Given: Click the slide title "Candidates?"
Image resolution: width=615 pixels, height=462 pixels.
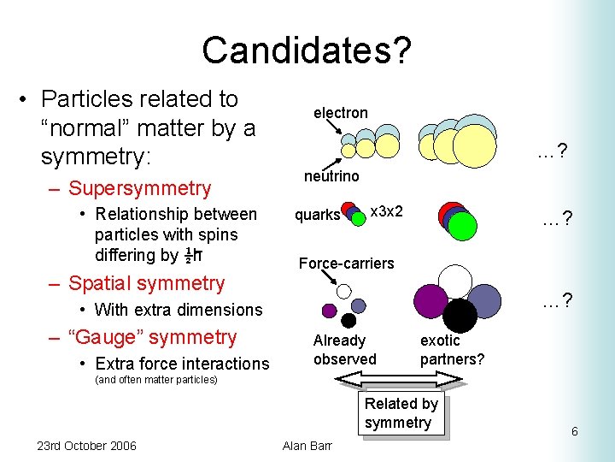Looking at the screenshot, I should click(x=307, y=50).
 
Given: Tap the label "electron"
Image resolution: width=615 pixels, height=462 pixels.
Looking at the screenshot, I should click(x=340, y=113).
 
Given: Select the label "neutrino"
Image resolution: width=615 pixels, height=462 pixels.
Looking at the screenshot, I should click(x=331, y=176).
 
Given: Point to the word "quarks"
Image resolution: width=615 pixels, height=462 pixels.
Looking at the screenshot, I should click(x=317, y=215).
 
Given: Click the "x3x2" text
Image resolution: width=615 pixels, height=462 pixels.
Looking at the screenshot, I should click(x=386, y=210).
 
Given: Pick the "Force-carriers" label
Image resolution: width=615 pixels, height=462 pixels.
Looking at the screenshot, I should click(x=346, y=264).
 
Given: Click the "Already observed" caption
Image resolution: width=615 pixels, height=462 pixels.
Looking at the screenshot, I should click(x=344, y=350).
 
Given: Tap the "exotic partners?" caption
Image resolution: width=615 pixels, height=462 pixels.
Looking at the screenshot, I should click(x=452, y=350).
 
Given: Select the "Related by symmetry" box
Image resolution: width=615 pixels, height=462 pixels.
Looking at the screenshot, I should click(x=401, y=413).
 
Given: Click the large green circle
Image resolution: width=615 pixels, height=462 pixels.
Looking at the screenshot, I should click(x=462, y=225).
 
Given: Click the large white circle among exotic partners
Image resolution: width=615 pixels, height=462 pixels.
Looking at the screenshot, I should click(x=454, y=281).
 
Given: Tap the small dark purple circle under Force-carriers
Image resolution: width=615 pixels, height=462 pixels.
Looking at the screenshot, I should click(x=328, y=311).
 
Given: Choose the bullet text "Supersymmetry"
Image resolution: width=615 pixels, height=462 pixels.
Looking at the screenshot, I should click(x=139, y=188).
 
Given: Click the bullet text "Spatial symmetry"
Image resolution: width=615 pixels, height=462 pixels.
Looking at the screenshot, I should click(x=146, y=283).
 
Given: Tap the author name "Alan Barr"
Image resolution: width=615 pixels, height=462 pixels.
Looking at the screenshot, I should click(x=307, y=445).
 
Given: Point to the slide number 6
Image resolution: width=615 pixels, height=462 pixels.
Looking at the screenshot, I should click(x=575, y=431).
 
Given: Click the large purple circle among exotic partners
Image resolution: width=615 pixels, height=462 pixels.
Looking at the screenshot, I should click(x=430, y=301).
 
